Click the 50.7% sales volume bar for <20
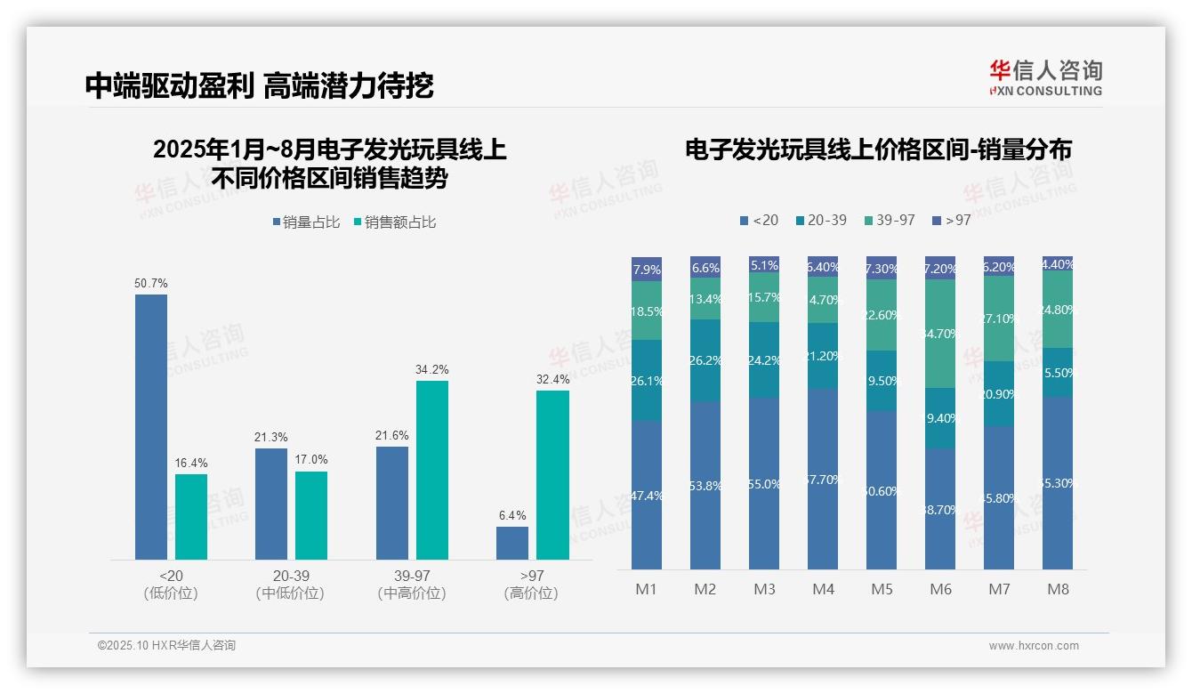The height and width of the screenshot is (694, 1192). click(151, 427)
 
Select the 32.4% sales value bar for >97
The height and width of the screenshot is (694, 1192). click(552, 475)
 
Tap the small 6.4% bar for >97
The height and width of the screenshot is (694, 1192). click(512, 543)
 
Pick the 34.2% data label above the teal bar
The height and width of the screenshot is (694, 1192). click(432, 369)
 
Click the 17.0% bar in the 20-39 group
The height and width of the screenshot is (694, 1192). click(311, 515)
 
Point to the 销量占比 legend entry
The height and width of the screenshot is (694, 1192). click(306, 222)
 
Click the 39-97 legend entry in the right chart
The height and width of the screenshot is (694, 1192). click(889, 220)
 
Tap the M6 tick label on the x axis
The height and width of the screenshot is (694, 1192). click(940, 590)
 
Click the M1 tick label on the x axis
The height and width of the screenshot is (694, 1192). click(646, 590)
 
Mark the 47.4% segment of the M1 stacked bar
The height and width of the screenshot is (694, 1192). click(647, 495)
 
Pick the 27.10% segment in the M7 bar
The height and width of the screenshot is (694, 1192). click(999, 319)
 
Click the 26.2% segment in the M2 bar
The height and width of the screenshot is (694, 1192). click(705, 360)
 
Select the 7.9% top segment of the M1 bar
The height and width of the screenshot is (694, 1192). click(647, 269)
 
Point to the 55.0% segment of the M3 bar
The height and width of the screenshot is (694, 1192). click(764, 483)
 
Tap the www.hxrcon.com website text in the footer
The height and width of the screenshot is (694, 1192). click(1033, 646)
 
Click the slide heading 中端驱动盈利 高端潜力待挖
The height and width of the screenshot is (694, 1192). click(259, 86)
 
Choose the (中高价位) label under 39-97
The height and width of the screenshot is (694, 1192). click(412, 593)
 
